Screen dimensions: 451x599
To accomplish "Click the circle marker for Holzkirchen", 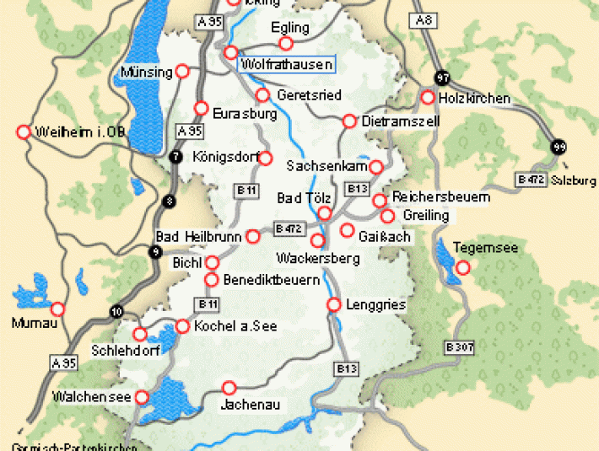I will pyautogui.click(x=428, y=98).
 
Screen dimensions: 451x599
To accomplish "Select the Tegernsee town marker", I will pyautogui.click(x=462, y=268).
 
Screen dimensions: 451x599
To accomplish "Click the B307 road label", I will pyautogui.click(x=460, y=346).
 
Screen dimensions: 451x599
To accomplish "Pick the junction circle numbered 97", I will pyautogui.click(x=441, y=78).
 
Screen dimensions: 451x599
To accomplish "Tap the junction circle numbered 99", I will pyautogui.click(x=559, y=147).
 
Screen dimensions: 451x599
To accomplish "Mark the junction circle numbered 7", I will pyautogui.click(x=175, y=156).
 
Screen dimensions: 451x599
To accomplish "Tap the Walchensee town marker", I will pyautogui.click(x=143, y=396).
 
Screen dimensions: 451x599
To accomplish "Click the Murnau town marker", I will pyautogui.click(x=57, y=309).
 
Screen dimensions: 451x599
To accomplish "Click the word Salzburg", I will pyautogui.click(x=574, y=181).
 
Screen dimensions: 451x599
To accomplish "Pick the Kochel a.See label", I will pyautogui.click(x=231, y=326).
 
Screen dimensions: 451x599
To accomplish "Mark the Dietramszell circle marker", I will pyautogui.click(x=349, y=121).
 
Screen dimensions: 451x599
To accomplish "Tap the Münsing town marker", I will pyautogui.click(x=182, y=72).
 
